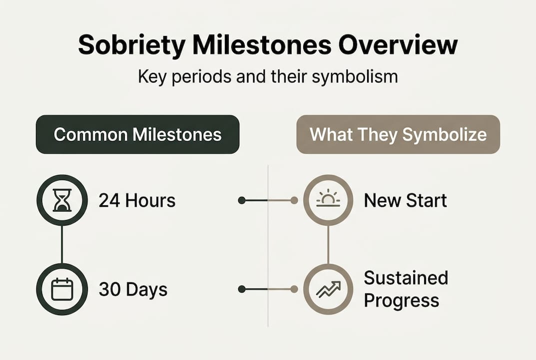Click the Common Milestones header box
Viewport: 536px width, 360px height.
pyautogui.click(x=137, y=134)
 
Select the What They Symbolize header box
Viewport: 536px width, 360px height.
pyautogui.click(x=398, y=134)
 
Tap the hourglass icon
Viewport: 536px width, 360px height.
pyautogui.click(x=62, y=200)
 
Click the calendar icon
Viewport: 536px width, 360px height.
pyautogui.click(x=62, y=289)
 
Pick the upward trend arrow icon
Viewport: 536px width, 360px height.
pyautogui.click(x=328, y=289)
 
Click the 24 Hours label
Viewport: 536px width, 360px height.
pyautogui.click(x=137, y=200)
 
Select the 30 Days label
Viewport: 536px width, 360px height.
pyautogui.click(x=132, y=289)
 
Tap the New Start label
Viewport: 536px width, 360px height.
pyautogui.click(x=405, y=200)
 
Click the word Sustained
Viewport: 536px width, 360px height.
pyautogui.click(x=406, y=277)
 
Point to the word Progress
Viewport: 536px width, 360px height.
pyautogui.click(x=401, y=301)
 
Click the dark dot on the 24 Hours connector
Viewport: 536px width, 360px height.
pyautogui.click(x=241, y=200)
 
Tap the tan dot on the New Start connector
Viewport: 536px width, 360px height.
pyautogui.click(x=294, y=200)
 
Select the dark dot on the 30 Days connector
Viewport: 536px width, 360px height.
pyautogui.click(x=241, y=289)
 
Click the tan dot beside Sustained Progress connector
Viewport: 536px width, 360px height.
pyautogui.click(x=294, y=289)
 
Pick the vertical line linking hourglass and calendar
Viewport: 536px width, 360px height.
pyautogui.click(x=62, y=244)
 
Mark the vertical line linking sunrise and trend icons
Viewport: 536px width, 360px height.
pyautogui.click(x=328, y=244)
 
